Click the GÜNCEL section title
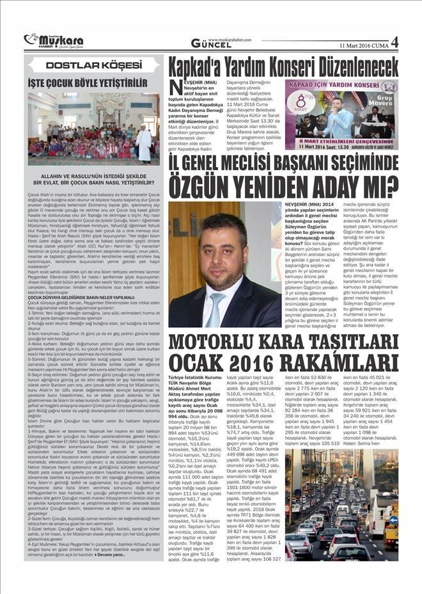click(x=211, y=44)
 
